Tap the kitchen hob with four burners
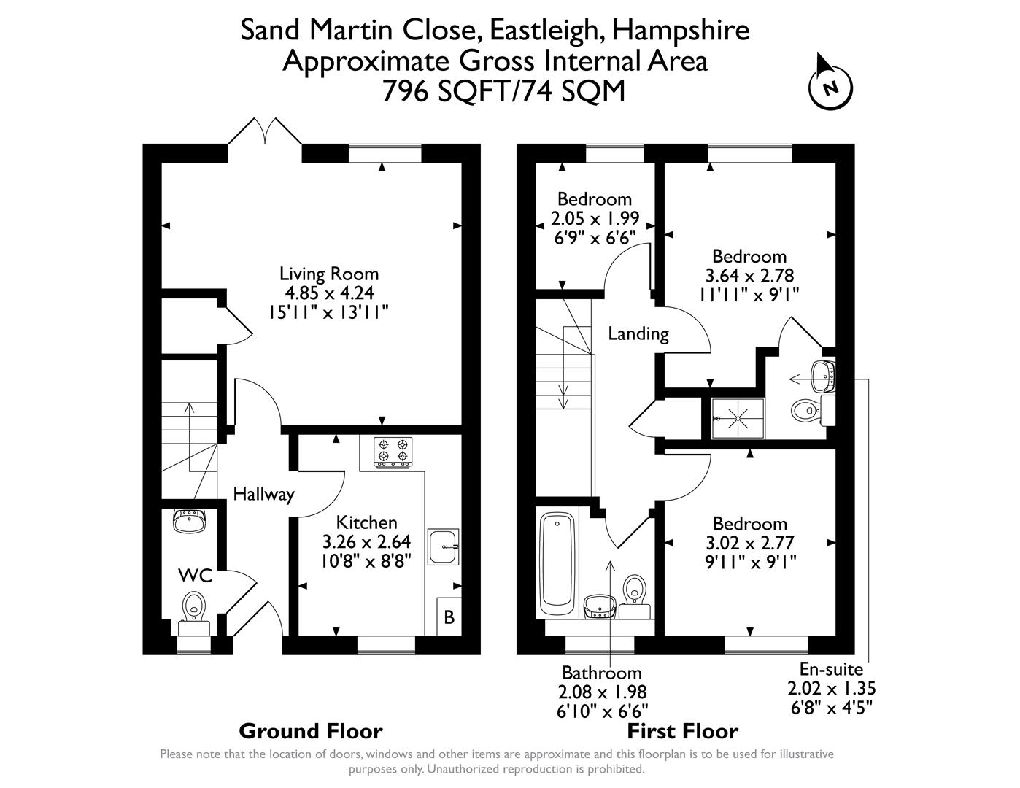pos(393,452)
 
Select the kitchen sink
pos(443,546)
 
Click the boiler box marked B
pos(449,617)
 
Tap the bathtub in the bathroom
pos(558,565)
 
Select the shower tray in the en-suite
pos(733,419)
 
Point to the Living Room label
pos(329,274)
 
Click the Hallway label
pos(263,495)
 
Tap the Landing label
pos(638,334)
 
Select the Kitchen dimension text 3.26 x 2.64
pos(366,542)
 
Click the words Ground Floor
pos(310,731)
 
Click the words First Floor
pos(683,731)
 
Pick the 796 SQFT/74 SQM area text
pos(503,91)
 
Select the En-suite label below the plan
pos(831,669)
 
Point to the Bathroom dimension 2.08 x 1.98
pos(602,692)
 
